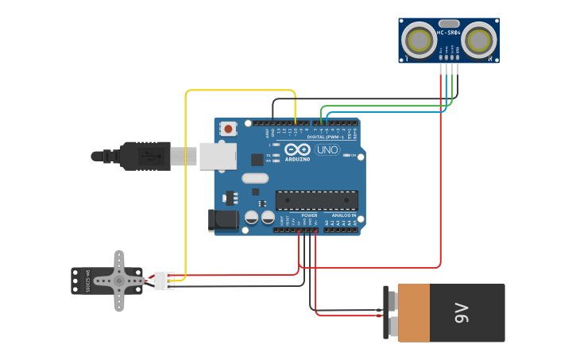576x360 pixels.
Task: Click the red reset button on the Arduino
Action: click(229, 128)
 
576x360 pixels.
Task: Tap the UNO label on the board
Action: click(327, 149)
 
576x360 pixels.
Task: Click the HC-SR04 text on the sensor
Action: click(448, 33)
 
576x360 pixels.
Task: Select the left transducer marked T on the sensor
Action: click(418, 39)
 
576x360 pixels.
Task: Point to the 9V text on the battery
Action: click(462, 312)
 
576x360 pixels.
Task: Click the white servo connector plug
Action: click(164, 281)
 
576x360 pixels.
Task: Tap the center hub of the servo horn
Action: click(119, 280)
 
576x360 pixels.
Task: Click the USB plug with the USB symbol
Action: click(146, 156)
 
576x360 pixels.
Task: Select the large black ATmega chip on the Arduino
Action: click(316, 200)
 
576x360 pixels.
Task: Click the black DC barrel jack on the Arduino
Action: click(222, 220)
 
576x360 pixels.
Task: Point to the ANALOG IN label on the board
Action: click(343, 215)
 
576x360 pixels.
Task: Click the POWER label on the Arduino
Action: click(309, 215)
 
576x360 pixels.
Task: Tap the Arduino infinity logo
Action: click(297, 149)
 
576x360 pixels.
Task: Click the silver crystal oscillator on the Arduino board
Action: click(255, 178)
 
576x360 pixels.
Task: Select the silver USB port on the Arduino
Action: click(217, 156)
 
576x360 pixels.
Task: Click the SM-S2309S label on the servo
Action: click(88, 280)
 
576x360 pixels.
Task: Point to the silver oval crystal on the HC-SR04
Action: click(449, 24)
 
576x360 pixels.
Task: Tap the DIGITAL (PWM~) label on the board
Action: click(326, 137)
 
